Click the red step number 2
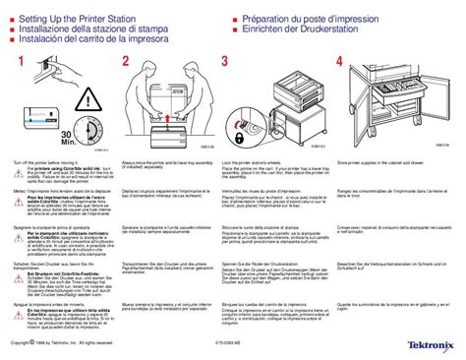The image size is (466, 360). pyautogui.click(x=125, y=62)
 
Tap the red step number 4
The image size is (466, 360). pyautogui.click(x=340, y=62)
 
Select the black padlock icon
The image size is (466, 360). pyautogui.click(x=243, y=126)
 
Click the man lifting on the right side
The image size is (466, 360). pyautogui.click(x=197, y=98)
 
